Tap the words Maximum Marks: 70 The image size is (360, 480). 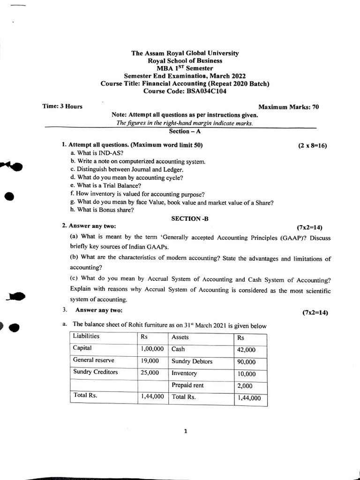[x=289, y=107]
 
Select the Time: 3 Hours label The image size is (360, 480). [x=62, y=106]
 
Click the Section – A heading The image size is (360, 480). [x=185, y=132]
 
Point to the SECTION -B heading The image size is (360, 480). [x=186, y=218]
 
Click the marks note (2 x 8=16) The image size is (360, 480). [x=312, y=145]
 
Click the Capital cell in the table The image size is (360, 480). [x=82, y=348]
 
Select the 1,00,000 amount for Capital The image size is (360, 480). [x=151, y=349]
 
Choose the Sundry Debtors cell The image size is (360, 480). [x=192, y=361]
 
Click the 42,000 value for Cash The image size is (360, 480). [x=246, y=350]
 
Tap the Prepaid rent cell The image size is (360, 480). [x=188, y=385]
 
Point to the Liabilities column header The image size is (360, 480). [x=86, y=336]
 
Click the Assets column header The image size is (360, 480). [x=180, y=337]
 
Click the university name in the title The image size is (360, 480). [x=185, y=53]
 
